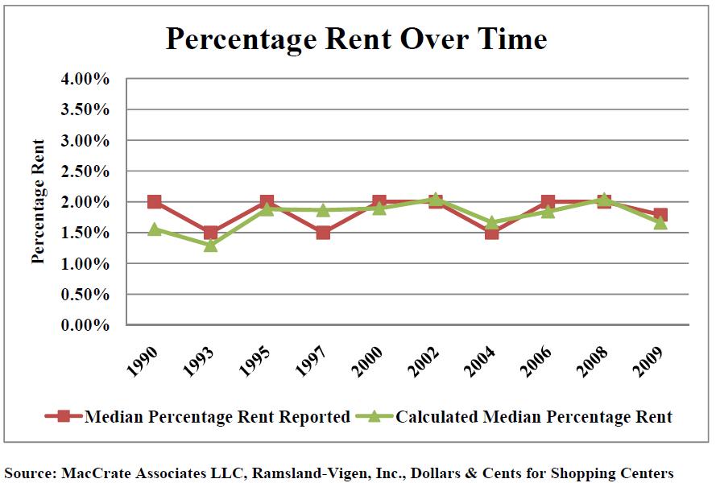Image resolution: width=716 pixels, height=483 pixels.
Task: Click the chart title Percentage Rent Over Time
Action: (x=356, y=39)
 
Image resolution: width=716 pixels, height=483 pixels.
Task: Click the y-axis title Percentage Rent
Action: (x=38, y=201)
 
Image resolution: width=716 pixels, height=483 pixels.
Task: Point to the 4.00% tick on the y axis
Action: (x=84, y=80)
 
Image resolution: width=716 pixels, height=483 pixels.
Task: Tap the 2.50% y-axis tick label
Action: (x=84, y=171)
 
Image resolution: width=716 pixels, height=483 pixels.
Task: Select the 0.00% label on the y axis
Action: (x=84, y=325)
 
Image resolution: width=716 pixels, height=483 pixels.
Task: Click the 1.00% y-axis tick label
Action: (x=84, y=264)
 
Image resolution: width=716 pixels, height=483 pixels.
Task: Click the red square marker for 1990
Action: (x=155, y=201)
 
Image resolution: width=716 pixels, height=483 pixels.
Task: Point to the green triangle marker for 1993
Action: (x=210, y=245)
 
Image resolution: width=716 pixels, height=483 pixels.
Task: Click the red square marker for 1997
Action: (x=323, y=233)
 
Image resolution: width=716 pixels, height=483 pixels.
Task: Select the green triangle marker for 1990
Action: (x=155, y=229)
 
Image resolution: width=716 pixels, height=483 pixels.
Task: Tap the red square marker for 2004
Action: (x=491, y=233)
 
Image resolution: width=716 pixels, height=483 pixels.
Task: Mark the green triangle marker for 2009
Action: (x=660, y=222)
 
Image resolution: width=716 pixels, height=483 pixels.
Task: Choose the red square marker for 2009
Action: (x=660, y=215)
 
